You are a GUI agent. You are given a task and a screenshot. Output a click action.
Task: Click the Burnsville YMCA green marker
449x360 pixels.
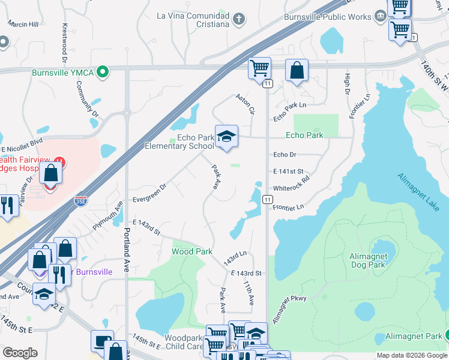point(103,72)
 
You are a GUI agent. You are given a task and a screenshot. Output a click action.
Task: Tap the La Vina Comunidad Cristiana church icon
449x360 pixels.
point(239,19)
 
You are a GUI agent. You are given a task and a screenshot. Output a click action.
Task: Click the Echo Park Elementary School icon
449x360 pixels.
point(226,137)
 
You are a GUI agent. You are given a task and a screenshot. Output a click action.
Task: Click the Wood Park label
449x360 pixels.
point(192,251)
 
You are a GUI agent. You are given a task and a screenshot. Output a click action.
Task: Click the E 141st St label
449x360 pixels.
point(289,172)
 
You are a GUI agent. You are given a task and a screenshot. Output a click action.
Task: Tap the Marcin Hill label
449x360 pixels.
point(23,23)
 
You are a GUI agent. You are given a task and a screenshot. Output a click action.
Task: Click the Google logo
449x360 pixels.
point(20,353)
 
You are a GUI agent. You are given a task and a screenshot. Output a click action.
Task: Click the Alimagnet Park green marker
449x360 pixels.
point(447,335)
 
